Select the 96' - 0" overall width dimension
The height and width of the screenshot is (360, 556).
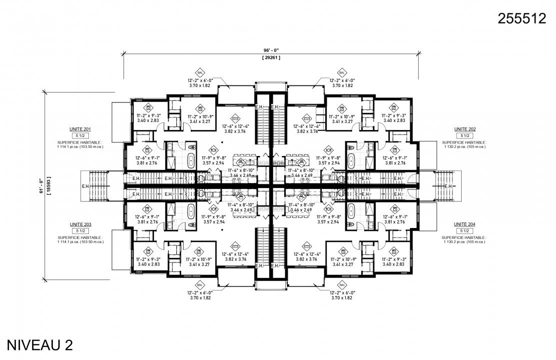[x=271, y=50]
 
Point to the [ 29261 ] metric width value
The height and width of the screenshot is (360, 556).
[x=271, y=58]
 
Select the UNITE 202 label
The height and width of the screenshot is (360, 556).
[x=465, y=129]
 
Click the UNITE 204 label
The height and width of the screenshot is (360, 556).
[x=465, y=225]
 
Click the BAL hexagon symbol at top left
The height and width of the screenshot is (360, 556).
[x=199, y=72]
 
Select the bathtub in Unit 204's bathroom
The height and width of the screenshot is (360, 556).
[x=351, y=209]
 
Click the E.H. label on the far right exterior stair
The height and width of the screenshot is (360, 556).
[x=449, y=186]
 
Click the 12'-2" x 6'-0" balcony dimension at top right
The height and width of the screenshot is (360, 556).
[x=342, y=80]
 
